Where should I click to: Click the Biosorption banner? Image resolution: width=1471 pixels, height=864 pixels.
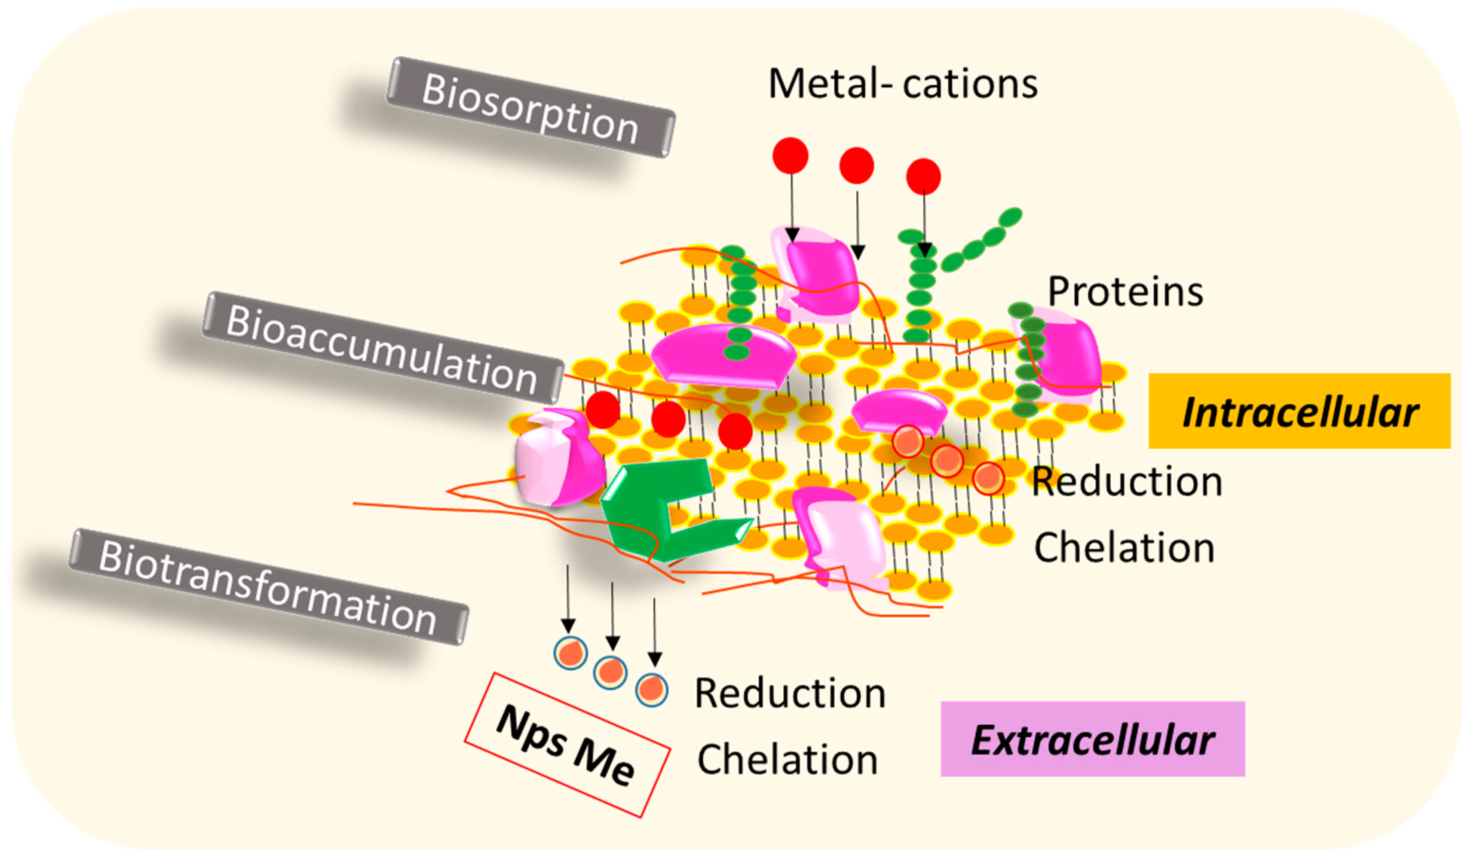pos(530,107)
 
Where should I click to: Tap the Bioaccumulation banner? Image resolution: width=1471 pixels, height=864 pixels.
pos(382,348)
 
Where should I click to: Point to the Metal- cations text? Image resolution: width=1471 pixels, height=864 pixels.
pos(902,83)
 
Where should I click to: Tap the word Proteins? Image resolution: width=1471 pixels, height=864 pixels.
pos(1125,292)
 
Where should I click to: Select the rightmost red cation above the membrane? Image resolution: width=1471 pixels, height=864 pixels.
pos(923,176)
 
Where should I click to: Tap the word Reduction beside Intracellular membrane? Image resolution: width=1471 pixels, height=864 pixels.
pos(1127,482)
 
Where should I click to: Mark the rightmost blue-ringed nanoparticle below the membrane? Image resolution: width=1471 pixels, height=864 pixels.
pos(651,690)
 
